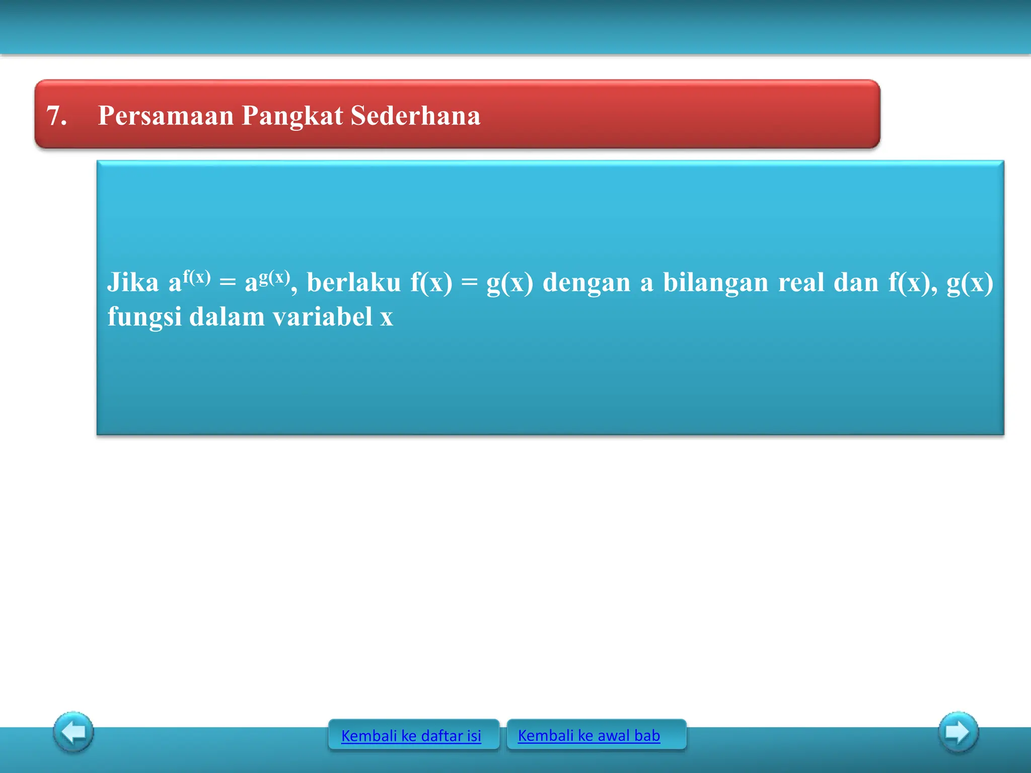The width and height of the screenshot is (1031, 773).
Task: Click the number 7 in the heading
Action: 55,116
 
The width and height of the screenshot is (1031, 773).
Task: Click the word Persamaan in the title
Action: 166,116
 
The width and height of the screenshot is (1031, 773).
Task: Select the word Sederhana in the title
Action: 415,116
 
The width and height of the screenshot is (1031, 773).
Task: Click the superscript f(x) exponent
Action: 196,277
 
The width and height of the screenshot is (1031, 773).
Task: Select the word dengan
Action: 586,283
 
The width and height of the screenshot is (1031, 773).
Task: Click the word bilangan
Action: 715,283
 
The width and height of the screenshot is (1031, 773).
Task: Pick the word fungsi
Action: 144,318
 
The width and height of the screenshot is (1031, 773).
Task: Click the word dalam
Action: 227,317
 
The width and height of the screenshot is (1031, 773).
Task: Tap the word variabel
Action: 323,317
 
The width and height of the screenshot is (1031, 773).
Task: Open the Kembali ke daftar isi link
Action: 411,736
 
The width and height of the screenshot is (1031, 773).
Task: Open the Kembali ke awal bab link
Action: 589,735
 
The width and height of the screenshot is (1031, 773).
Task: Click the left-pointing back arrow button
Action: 73,732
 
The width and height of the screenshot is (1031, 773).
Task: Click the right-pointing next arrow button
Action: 958,732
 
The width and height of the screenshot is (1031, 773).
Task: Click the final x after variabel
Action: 387,318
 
